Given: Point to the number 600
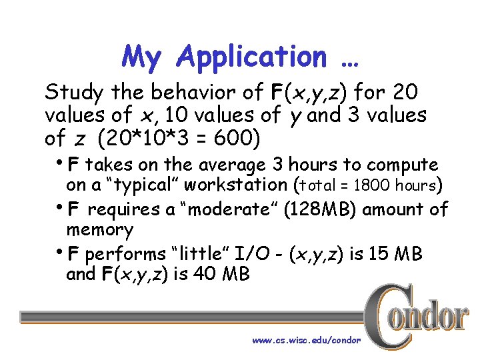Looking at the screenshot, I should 237,139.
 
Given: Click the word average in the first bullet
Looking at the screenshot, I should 231,164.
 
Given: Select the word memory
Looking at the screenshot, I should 100,230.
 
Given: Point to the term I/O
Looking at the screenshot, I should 260,254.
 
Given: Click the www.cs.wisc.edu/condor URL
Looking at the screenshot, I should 306,340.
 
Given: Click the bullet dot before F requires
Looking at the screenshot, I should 59,207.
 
